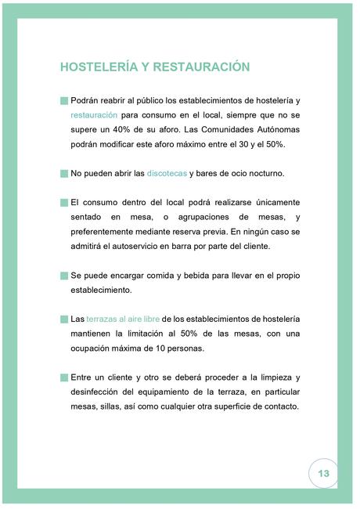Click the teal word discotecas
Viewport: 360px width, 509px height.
tap(167, 173)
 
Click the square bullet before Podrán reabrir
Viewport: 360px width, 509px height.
tap(64, 101)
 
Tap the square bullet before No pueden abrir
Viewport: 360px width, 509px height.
tap(64, 173)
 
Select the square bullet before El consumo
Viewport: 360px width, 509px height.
tap(64, 202)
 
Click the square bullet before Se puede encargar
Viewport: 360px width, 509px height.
tap(64, 275)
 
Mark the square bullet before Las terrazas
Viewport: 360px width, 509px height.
tap(64, 319)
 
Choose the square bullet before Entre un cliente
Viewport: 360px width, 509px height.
tap(64, 377)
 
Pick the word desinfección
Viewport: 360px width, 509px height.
tap(100, 392)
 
